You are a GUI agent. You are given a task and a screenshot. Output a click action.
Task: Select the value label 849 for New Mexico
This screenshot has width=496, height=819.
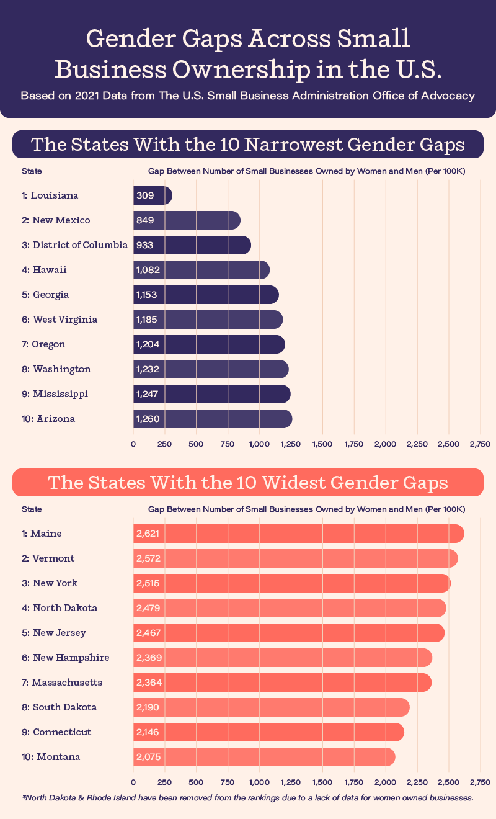pos(144,220)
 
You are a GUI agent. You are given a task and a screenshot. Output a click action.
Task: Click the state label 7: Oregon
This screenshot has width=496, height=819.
pos(43,344)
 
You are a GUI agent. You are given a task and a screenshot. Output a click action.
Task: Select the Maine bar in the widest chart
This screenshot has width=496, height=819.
pos(298,534)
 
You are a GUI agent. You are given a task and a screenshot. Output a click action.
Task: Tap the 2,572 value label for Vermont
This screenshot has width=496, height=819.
pos(148,558)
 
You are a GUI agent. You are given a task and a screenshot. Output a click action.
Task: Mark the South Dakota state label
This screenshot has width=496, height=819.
pos(60,707)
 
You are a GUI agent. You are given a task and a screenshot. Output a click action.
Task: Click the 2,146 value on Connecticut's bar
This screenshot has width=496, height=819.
pos(148,732)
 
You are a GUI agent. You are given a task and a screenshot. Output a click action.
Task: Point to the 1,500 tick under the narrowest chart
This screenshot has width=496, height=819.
pos(322,444)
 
